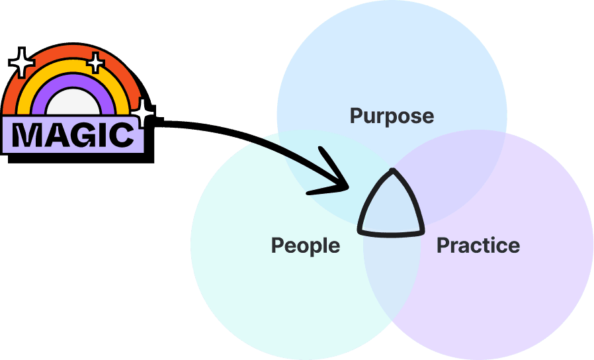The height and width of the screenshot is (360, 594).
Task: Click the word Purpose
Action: click(392, 116)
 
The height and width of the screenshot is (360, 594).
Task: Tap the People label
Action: click(306, 246)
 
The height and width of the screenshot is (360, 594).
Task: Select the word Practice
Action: click(478, 246)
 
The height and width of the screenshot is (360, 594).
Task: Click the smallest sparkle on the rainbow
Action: click(96, 64)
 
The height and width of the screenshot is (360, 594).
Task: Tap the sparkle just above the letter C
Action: click(142, 114)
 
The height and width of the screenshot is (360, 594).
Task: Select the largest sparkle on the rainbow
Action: click(22, 62)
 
